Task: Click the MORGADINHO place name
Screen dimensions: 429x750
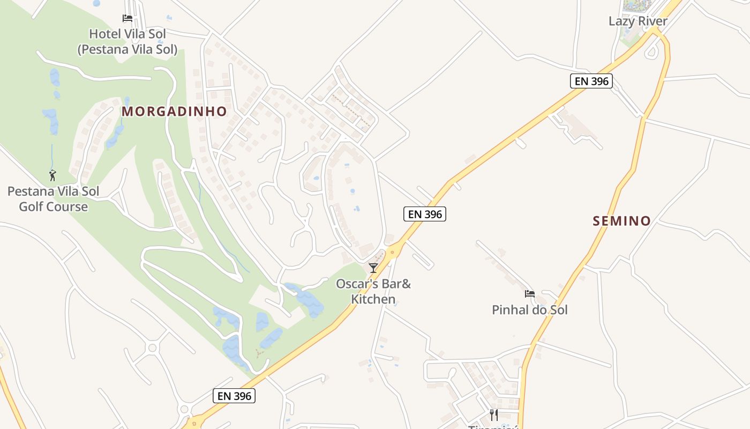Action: coord(174,112)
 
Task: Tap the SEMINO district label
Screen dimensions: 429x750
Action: coord(621,220)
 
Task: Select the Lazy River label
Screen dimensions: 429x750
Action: coord(637,21)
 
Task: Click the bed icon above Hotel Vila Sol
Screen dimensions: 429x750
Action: coord(127,18)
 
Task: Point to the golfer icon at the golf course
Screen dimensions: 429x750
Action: coord(52,175)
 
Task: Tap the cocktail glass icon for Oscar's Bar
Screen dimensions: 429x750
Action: coord(373,268)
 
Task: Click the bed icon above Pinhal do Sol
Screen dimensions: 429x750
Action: coord(530,293)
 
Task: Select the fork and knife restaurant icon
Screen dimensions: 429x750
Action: coord(493,414)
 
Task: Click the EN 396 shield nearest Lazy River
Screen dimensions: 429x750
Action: coord(590,82)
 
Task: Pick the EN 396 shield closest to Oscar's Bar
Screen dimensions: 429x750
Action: coord(424,214)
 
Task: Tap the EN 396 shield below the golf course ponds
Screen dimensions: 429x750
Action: coord(234,396)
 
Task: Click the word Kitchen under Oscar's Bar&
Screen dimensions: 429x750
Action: coord(373,299)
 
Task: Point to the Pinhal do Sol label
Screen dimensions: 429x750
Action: coord(529,310)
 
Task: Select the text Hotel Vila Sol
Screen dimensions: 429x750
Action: coord(127,34)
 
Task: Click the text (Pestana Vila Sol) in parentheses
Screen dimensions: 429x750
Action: coord(127,49)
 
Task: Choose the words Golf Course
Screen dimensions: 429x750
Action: coord(53,206)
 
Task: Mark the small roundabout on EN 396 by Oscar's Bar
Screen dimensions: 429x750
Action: coord(393,251)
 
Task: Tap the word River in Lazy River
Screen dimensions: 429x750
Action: coord(652,21)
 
